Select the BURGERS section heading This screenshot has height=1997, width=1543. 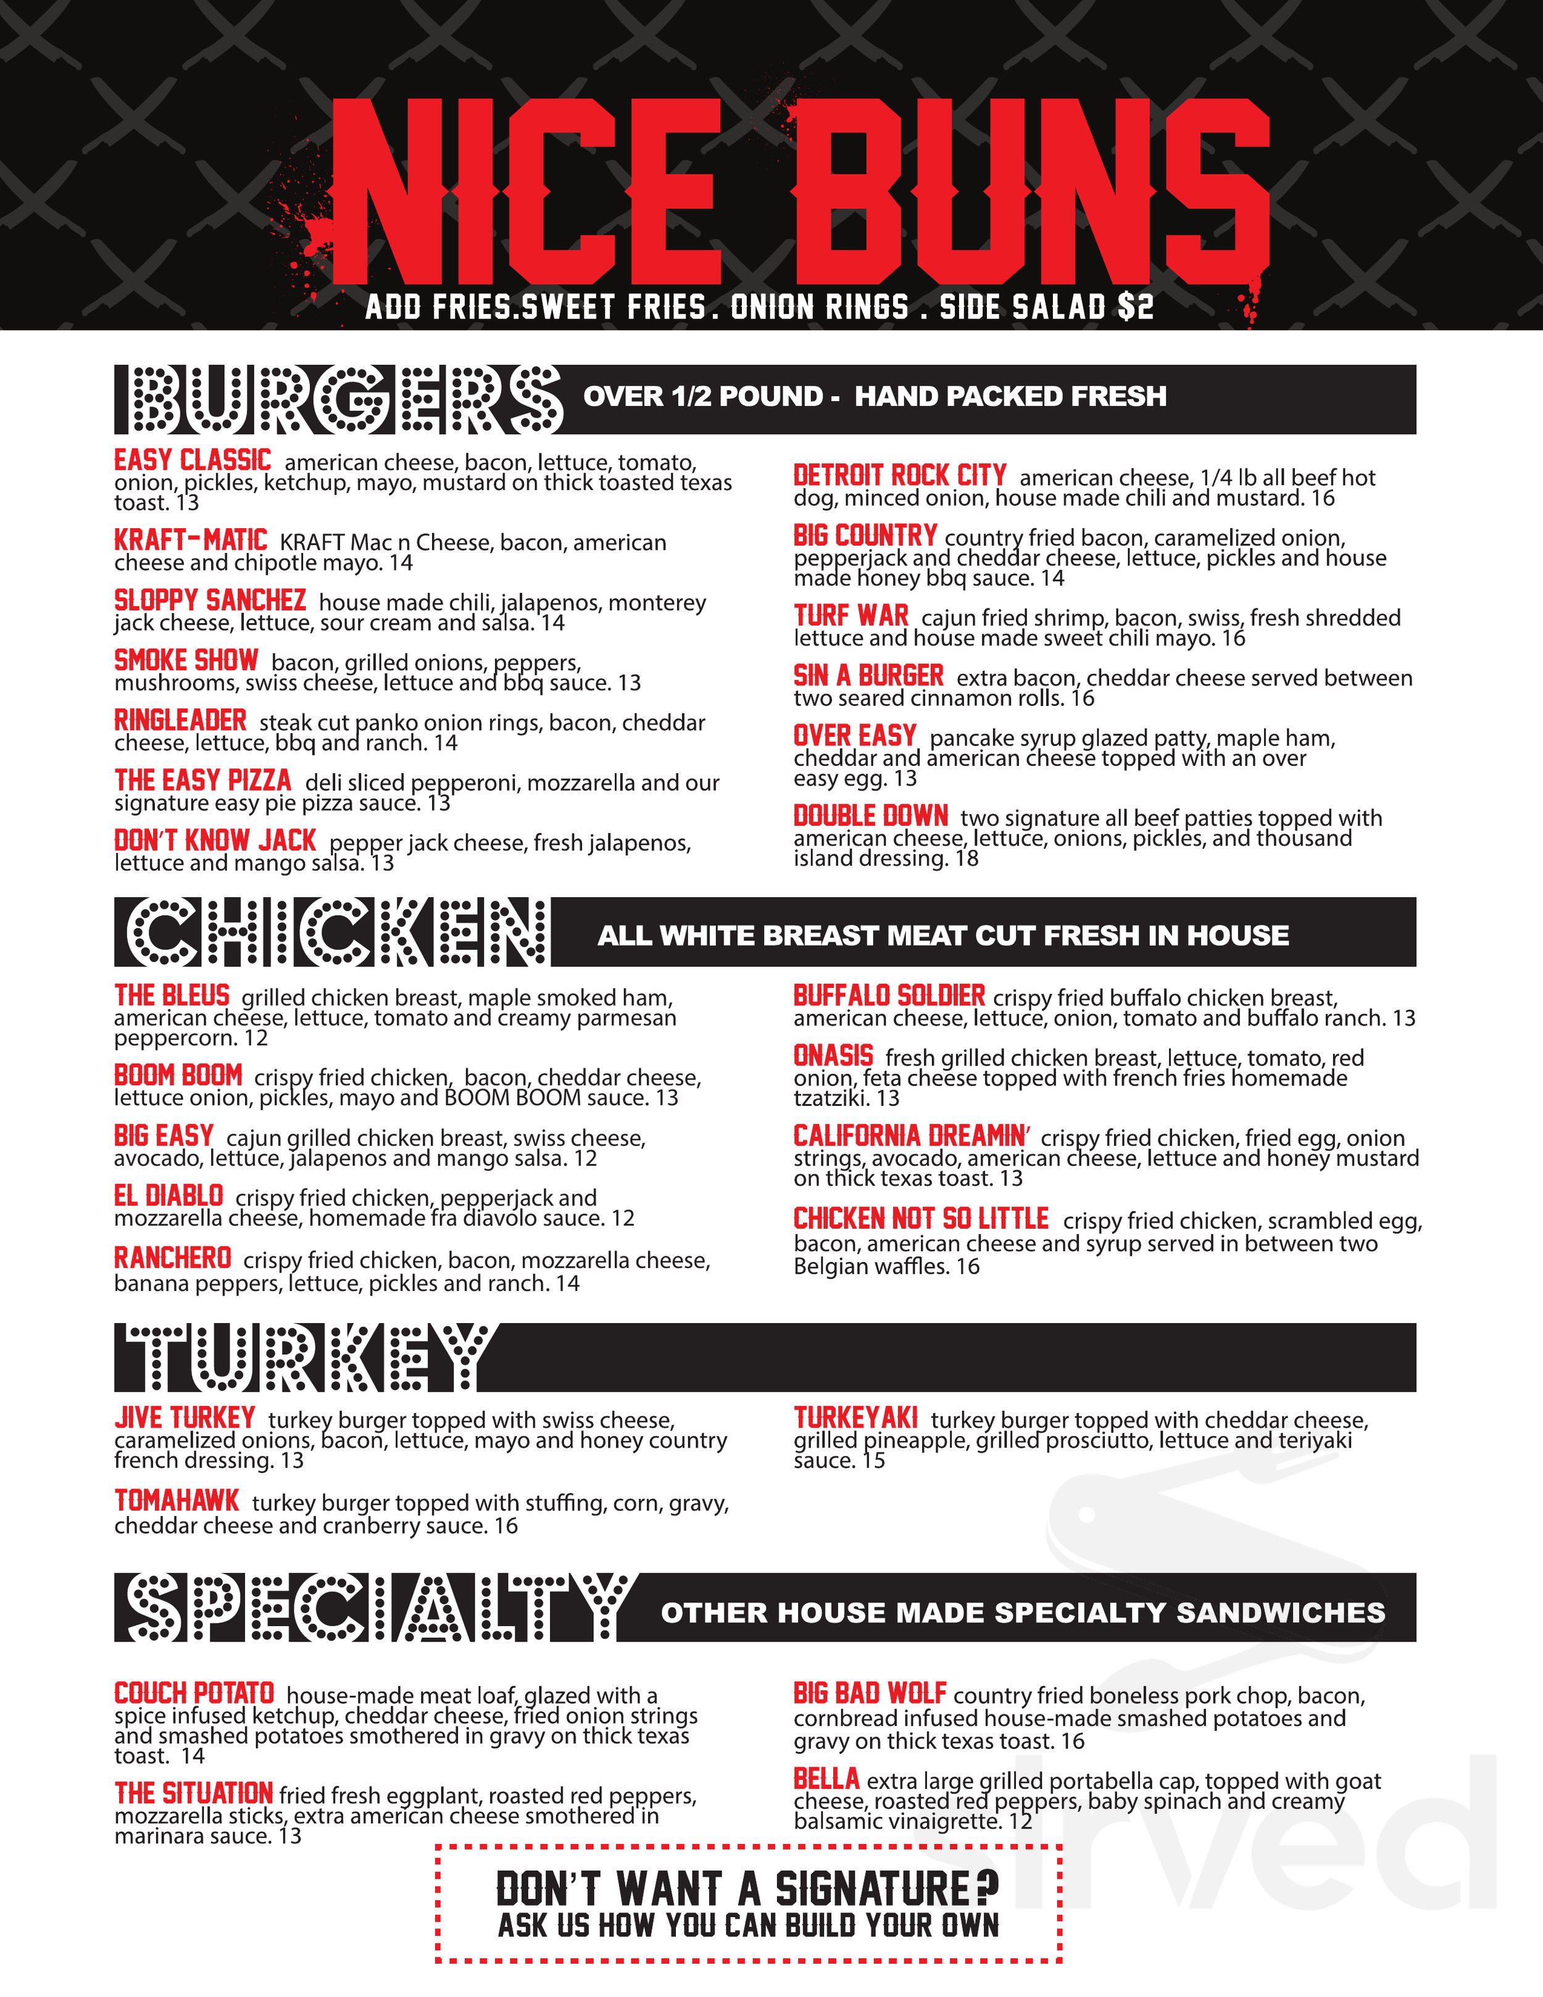pos(338,399)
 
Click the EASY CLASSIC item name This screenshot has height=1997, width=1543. pos(192,460)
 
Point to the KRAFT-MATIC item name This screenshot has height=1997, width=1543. pos(190,541)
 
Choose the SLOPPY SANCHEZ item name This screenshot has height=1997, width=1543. pos(209,600)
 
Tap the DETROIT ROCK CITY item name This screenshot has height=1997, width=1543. pos(899,475)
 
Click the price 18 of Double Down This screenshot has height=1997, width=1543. pos(967,858)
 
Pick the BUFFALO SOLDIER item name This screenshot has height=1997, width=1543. pos(888,996)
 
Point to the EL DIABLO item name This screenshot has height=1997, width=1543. pos(168,1196)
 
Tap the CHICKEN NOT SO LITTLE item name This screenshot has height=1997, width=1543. pos(920,1219)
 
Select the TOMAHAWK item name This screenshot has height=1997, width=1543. pos(177,1500)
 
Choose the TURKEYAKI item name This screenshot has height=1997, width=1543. pos(855,1418)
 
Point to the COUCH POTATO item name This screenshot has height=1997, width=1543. pos(194,1693)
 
